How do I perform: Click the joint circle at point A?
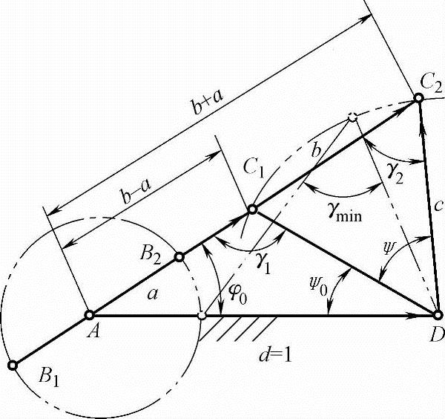point(89,314)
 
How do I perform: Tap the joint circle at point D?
point(437,316)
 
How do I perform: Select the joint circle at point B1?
point(12,365)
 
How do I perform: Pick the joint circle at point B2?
point(179,257)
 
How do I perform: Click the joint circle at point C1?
point(252,210)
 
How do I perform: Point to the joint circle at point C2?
point(420,101)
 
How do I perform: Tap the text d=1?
point(272,354)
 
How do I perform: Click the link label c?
point(440,205)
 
